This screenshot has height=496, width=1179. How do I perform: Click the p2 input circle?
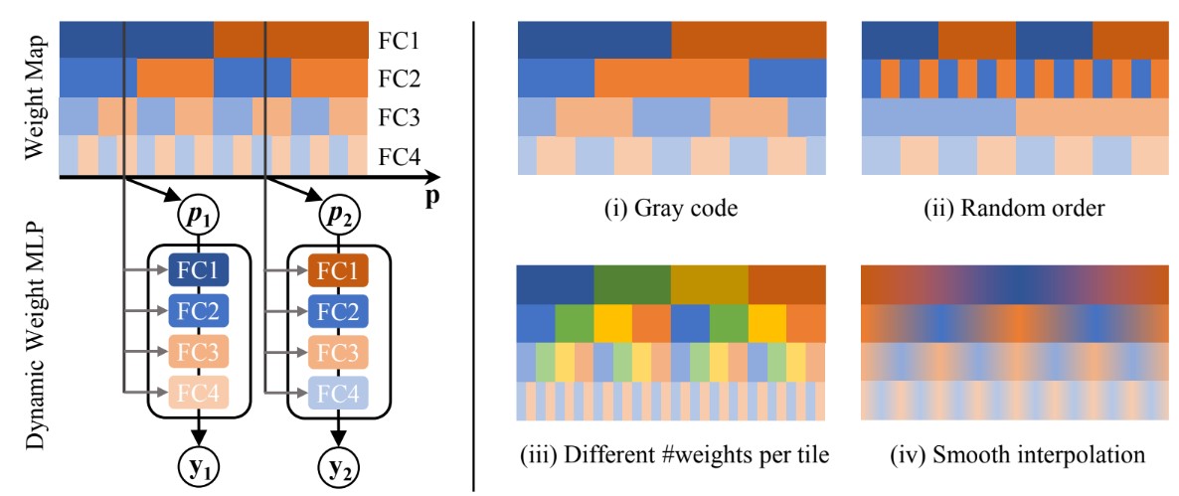338,214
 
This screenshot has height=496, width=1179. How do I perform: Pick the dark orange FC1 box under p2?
338,270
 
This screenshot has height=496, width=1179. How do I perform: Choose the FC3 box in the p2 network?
338,351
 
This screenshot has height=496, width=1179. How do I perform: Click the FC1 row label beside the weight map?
399,42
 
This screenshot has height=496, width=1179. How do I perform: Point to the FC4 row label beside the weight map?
399,155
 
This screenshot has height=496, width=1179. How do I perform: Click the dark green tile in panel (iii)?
632,284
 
